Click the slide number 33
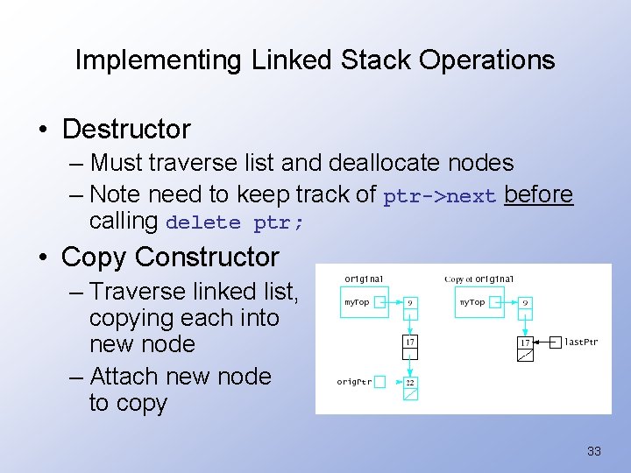(x=594, y=452)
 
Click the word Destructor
(x=126, y=130)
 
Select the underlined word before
(x=539, y=194)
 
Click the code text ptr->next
(x=440, y=196)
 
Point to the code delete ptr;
(x=234, y=222)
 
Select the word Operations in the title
(x=487, y=60)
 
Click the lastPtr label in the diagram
(x=581, y=342)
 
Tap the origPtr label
(x=354, y=381)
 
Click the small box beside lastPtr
(x=555, y=342)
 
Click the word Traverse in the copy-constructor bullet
(x=137, y=291)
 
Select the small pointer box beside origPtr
(x=379, y=382)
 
